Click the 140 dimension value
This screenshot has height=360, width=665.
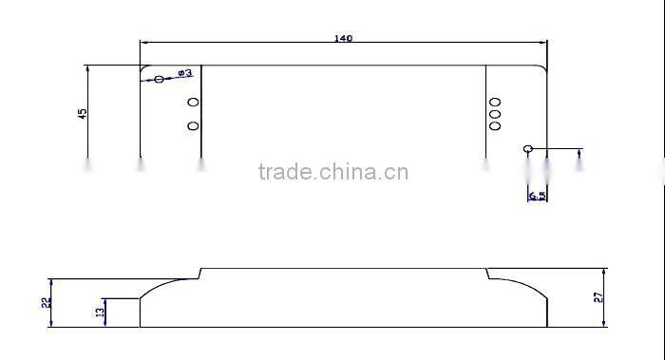(x=344, y=39)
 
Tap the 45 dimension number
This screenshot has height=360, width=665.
(x=83, y=113)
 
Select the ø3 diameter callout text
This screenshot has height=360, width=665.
(x=184, y=73)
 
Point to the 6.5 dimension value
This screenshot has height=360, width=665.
(x=537, y=196)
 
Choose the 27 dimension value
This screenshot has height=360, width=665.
(x=598, y=297)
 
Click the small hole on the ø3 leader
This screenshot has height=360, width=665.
(x=159, y=79)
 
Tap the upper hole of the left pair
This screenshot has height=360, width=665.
(x=193, y=102)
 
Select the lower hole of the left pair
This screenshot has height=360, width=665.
(x=193, y=125)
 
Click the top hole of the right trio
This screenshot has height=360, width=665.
(x=495, y=102)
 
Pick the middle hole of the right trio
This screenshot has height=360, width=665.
(x=495, y=113)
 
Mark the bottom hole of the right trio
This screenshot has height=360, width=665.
(x=495, y=124)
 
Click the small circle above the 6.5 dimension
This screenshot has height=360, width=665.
(x=528, y=148)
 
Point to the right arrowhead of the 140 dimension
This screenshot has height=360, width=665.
(x=544, y=42)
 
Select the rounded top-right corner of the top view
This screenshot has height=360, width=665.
(x=542, y=69)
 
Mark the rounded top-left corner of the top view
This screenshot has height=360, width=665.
(x=144, y=69)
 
